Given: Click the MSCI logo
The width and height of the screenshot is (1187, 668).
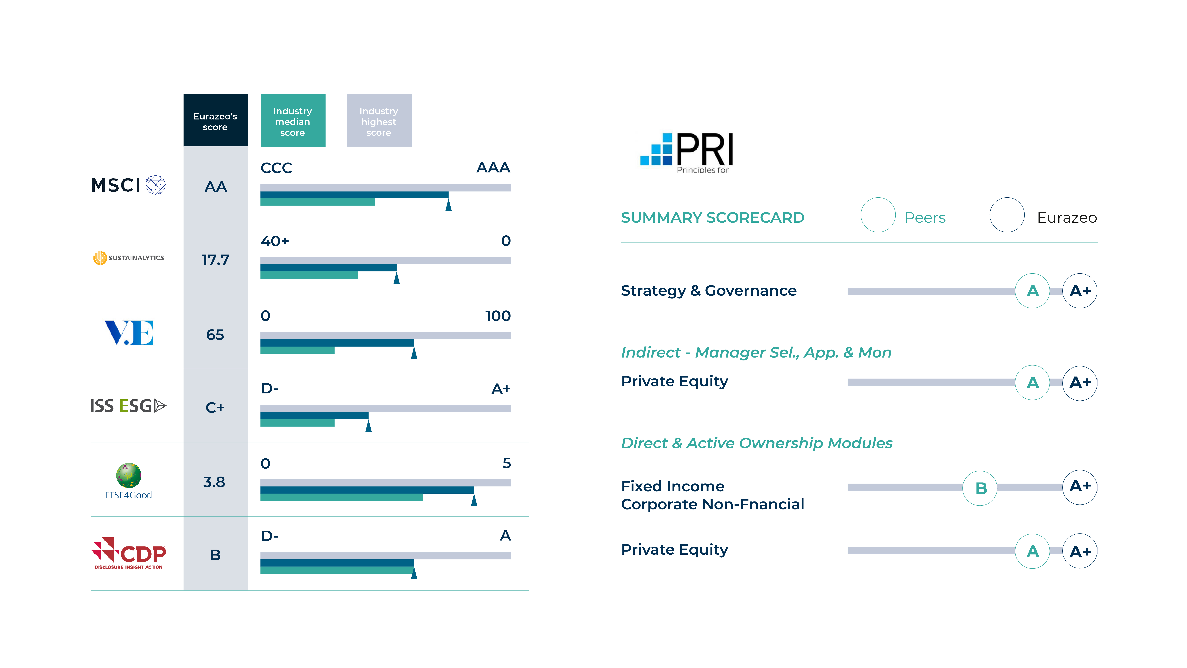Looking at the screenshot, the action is point(129,185).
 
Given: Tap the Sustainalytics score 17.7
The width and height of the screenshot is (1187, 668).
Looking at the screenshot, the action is point(215,260).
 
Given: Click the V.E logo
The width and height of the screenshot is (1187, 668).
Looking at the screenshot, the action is point(129,332).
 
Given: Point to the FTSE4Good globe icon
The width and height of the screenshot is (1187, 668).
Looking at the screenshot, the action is point(129,475).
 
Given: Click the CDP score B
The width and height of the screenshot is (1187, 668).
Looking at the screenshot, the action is point(215,555).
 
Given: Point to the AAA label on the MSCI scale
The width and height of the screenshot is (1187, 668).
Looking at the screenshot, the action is point(493,167).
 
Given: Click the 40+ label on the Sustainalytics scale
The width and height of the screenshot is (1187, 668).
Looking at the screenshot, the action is point(275,241).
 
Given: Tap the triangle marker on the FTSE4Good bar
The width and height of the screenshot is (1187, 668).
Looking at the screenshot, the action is point(474,499).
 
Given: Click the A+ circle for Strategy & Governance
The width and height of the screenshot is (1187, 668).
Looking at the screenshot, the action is point(1080,291).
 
